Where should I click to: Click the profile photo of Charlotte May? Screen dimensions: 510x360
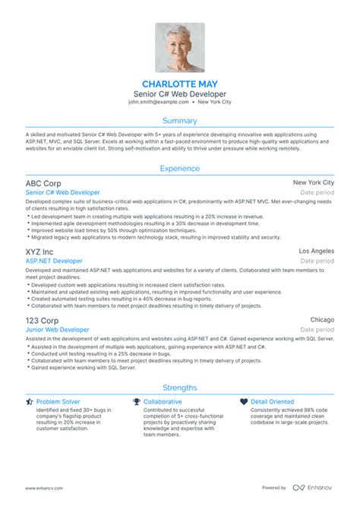click(x=180, y=47)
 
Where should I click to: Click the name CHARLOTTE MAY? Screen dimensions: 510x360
click(x=180, y=82)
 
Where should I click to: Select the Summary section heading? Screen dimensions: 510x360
click(x=180, y=121)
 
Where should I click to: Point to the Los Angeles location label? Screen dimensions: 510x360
click(x=316, y=250)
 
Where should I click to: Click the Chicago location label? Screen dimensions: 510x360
click(x=322, y=320)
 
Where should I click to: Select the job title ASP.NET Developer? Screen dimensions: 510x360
click(x=54, y=261)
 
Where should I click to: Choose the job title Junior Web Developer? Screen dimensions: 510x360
click(x=57, y=330)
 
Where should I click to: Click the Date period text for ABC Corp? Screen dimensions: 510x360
click(x=317, y=194)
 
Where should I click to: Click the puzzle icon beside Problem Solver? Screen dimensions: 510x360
click(x=29, y=401)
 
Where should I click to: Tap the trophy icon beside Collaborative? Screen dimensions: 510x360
click(x=137, y=401)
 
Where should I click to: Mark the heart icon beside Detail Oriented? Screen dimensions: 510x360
click(x=244, y=401)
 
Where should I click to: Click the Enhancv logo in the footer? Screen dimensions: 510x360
click(x=314, y=487)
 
